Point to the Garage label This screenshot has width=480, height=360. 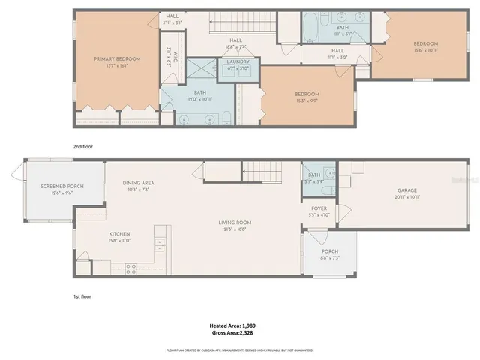[406, 190]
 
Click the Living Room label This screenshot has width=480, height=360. [235, 223]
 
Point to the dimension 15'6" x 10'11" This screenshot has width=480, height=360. [425, 51]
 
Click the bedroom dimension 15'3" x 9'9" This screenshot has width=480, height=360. [307, 100]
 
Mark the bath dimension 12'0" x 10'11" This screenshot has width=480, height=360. [200, 99]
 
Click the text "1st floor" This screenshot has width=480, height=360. [82, 296]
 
